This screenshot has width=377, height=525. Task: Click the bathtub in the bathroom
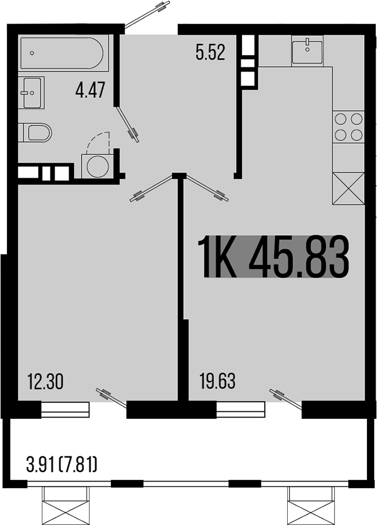tap(62, 54)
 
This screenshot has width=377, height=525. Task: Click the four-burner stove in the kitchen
tap(348, 127)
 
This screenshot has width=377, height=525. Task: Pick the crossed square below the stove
tap(348, 188)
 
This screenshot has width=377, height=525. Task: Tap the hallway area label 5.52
tap(211, 53)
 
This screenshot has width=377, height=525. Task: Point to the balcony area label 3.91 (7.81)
tap(62, 466)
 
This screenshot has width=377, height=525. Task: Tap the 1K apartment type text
tap(218, 258)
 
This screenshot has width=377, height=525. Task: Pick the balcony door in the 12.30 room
tap(112, 397)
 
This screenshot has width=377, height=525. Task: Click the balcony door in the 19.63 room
tap(286, 397)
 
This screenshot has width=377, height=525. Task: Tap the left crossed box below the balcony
tap(66, 506)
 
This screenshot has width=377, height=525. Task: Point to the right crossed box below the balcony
tap(311, 506)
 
